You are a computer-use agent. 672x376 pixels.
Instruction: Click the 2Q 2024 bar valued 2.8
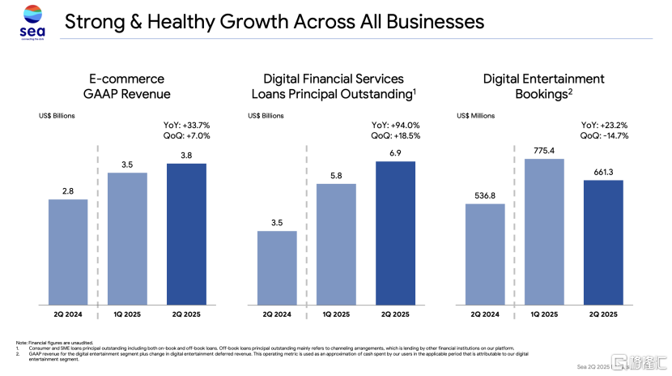point(68,253)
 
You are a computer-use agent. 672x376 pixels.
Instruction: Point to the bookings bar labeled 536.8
point(486,255)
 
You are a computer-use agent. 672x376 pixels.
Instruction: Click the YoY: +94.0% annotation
point(397,126)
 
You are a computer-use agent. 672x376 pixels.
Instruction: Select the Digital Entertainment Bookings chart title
point(543,86)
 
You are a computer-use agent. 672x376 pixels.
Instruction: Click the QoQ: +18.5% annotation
point(398,137)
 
